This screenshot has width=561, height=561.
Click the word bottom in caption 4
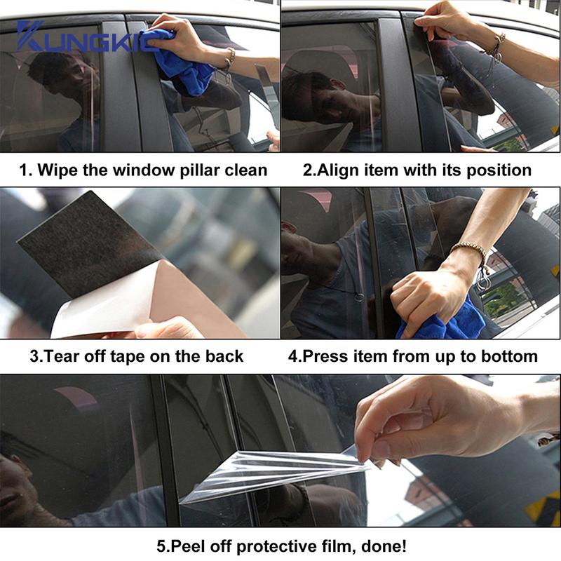pos(512,356)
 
